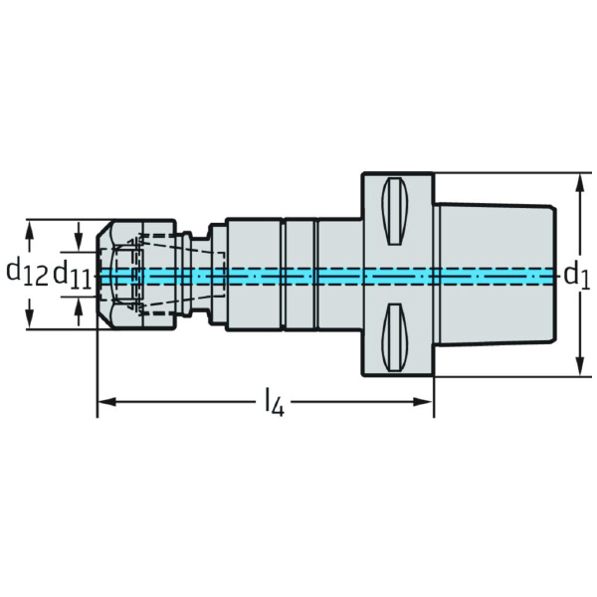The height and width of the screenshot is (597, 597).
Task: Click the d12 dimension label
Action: point(27,272)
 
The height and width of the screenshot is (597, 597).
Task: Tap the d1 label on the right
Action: point(576,274)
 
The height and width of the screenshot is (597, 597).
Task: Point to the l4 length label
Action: point(274,403)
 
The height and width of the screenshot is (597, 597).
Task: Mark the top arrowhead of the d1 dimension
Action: point(579,180)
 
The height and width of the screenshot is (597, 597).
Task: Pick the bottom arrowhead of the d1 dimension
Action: point(579,368)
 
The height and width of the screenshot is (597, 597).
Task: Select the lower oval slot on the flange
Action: point(395,337)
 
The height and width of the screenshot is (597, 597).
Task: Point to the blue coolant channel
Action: point(328,274)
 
